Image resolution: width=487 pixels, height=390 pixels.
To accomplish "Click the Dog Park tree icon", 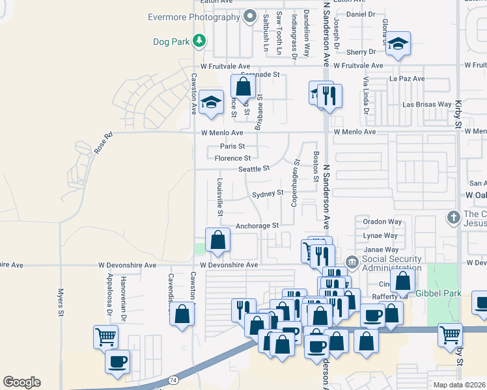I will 199,42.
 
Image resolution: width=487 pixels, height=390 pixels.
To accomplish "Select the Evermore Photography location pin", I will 250,17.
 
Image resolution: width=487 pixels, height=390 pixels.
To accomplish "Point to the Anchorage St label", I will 257,226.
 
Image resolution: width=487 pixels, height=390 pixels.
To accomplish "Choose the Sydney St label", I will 268,193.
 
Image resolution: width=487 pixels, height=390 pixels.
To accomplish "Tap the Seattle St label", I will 253,169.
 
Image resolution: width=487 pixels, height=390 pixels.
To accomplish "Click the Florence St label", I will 232,158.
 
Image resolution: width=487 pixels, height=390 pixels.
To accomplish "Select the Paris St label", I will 232,146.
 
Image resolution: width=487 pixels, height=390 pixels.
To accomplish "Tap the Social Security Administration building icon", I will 352,263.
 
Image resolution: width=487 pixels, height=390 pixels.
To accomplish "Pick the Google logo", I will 21,382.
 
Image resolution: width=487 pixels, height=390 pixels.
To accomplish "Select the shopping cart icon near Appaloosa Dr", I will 105,337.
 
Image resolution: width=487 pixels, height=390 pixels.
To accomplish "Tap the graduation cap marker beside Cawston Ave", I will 211,101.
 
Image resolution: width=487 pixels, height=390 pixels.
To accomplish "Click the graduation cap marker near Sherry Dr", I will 398,44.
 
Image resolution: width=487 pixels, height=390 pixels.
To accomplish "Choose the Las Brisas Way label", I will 426,104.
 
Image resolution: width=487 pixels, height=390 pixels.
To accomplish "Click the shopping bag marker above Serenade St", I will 243,86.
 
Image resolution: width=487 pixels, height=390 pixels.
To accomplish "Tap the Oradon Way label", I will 382,222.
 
